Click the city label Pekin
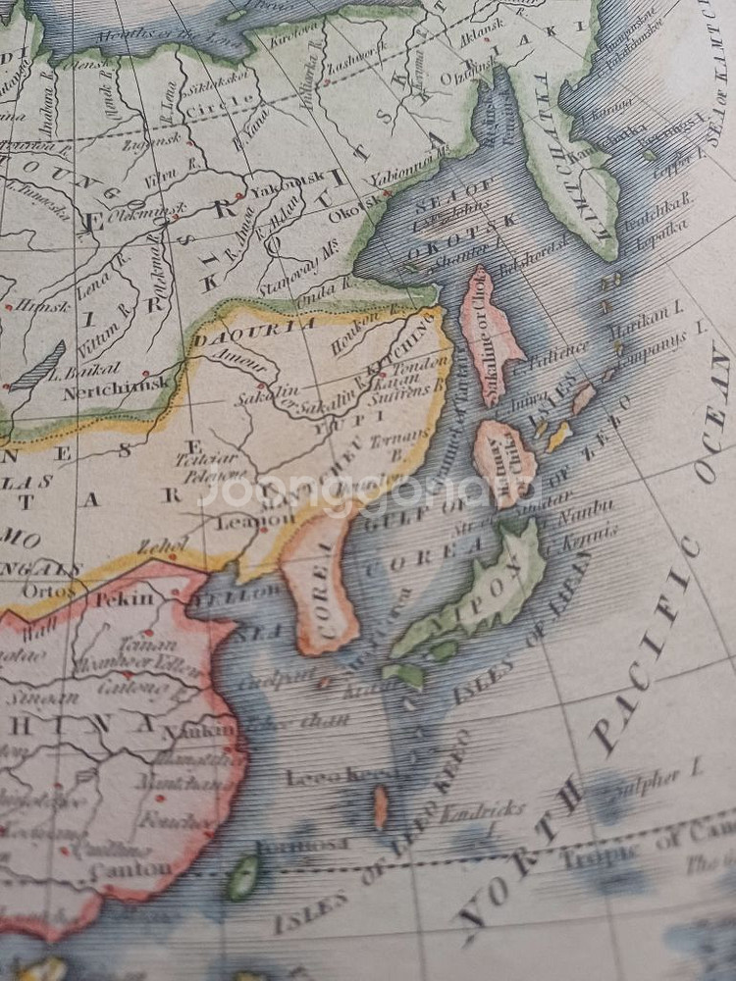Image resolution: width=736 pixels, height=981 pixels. [124, 598]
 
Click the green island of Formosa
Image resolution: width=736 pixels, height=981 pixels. [243, 876]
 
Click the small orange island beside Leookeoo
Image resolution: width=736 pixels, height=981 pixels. [380, 807]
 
